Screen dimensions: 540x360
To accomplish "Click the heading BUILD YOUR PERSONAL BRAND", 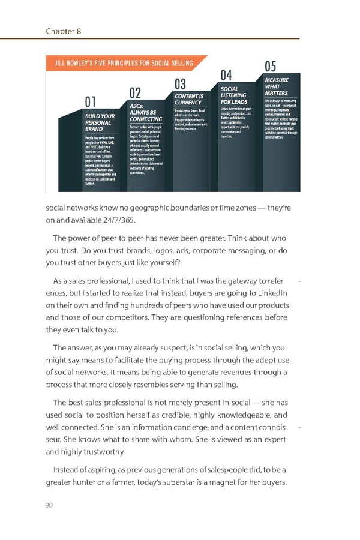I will point(100,122).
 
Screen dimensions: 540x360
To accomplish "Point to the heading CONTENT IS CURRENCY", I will point(189,99).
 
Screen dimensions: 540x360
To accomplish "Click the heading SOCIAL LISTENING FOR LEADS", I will point(233,95).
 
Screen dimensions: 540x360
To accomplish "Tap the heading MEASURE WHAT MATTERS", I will point(277,86).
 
